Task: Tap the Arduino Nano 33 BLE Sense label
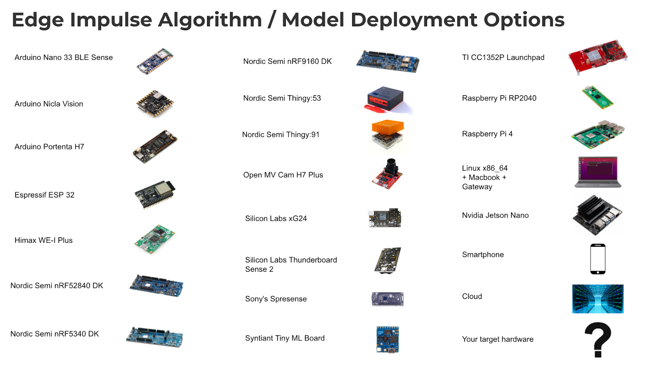pos(63,57)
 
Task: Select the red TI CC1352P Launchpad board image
pos(598,57)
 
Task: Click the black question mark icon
pos(598,339)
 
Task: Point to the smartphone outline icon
pos(598,259)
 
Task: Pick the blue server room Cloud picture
pos(598,299)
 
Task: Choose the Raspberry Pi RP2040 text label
pos(499,98)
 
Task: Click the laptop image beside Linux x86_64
pos(598,172)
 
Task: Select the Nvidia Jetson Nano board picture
pos(598,215)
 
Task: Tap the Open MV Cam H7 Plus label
pos(283,175)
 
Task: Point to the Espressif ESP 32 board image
pos(155,194)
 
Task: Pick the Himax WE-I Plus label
pos(44,240)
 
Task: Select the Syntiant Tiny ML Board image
pos(387,339)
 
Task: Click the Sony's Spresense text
pos(276,299)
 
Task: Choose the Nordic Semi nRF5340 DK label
pos(55,334)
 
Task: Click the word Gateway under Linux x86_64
pos(477,187)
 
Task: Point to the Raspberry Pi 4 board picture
pos(598,134)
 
